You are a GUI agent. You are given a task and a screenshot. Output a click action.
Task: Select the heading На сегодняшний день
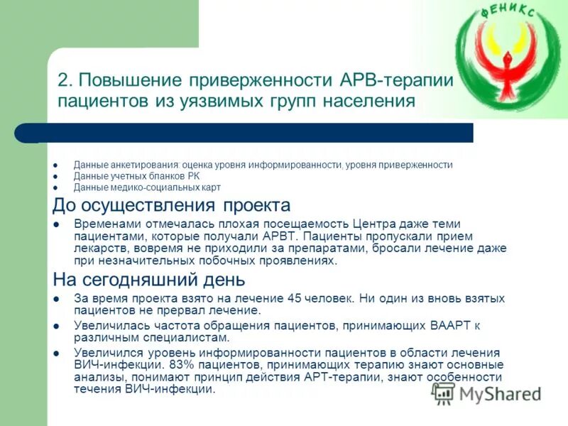(x=149, y=279)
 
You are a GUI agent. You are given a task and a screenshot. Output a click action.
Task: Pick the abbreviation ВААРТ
(x=452, y=326)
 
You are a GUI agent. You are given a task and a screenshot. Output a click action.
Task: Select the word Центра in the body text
(x=386, y=223)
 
